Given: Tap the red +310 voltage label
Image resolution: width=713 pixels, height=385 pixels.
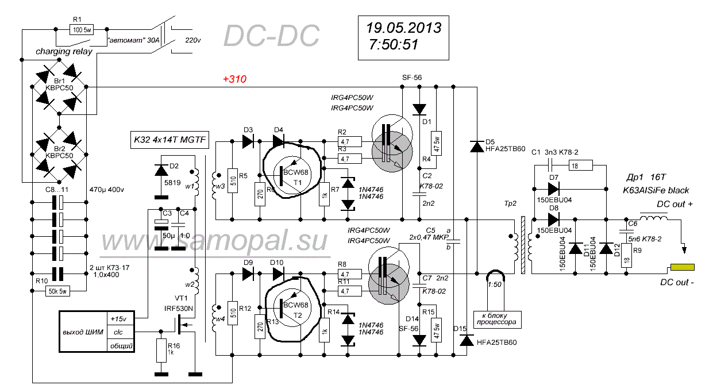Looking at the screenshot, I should coord(234,79).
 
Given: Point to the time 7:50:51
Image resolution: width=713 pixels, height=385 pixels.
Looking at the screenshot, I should coord(394,44).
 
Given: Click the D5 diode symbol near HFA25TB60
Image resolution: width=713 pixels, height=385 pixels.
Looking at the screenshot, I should coord(476,147).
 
